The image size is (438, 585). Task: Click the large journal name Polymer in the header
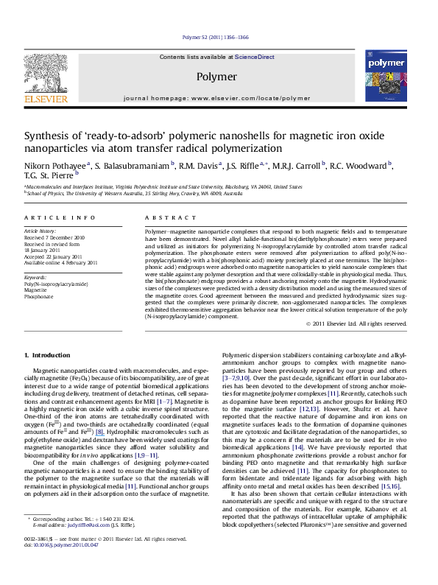[216, 76]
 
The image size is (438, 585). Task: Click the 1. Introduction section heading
[48, 355]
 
